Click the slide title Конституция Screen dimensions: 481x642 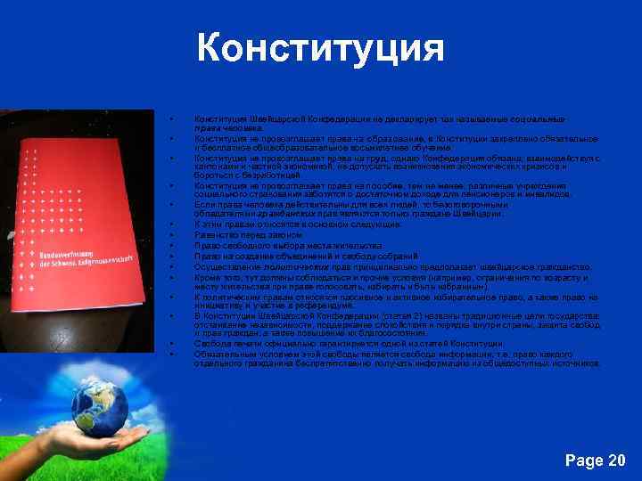320,47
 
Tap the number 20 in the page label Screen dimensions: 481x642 614,461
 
